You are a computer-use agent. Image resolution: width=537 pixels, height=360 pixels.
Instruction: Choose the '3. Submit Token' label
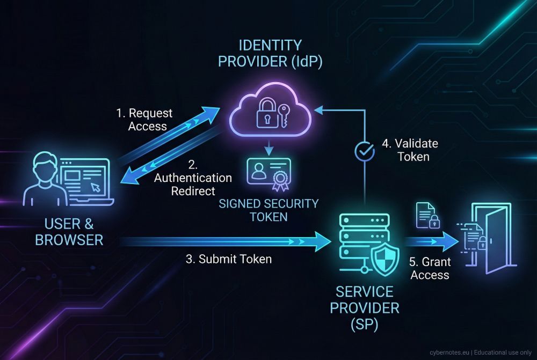tap(229, 259)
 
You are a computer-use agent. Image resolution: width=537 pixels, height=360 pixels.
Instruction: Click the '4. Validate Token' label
tap(409, 150)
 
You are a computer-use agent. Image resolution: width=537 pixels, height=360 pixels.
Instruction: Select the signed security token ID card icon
tap(269, 173)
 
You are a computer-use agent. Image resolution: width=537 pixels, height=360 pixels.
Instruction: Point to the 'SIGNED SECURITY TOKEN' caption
tap(268, 210)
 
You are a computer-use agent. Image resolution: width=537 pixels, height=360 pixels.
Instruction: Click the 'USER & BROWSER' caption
tap(69, 231)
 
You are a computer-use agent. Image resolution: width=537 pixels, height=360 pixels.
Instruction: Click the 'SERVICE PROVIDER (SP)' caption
tap(365, 308)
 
